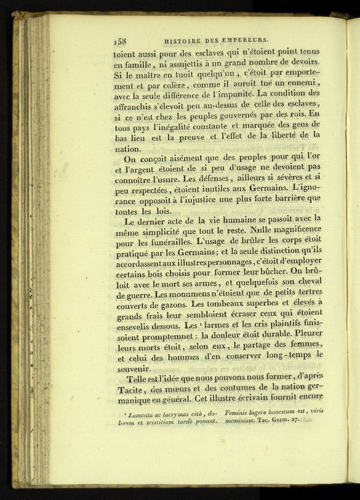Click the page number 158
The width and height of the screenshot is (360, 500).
click(119, 41)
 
